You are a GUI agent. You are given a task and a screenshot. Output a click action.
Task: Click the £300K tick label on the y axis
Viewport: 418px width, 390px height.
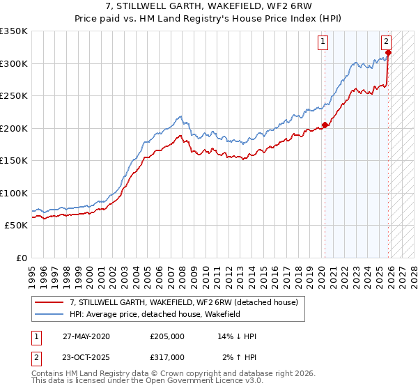tap(13, 63)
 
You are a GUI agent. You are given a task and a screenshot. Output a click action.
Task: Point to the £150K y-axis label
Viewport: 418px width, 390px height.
tap(13, 160)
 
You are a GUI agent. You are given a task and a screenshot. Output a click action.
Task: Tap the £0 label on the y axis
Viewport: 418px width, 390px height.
tap(20, 258)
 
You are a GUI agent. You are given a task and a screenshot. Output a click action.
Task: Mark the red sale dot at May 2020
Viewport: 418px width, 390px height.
tap(325, 125)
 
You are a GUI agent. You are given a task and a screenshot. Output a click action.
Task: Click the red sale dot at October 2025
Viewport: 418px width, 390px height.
tap(388, 52)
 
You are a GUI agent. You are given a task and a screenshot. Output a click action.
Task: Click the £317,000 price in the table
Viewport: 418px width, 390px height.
tap(167, 357)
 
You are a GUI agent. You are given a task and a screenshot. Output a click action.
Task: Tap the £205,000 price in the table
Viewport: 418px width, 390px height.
tap(167, 336)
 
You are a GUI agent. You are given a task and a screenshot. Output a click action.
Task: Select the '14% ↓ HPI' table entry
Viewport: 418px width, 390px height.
tap(237, 336)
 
